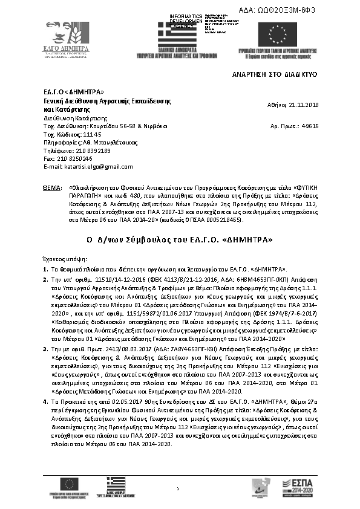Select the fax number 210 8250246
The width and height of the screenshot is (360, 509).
[73, 158]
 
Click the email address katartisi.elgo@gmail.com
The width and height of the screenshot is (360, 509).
[79, 166]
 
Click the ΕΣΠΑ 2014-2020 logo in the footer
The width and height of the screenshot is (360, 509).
[301, 486]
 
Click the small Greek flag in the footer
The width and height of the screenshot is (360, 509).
[113, 483]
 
